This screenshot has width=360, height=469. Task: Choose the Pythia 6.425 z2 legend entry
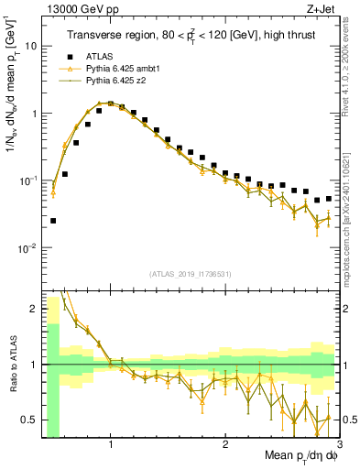click(x=112, y=81)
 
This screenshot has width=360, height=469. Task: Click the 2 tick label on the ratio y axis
click(x=34, y=309)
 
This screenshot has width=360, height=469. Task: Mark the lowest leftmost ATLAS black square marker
click(x=53, y=221)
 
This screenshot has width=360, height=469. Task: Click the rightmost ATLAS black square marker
click(x=329, y=198)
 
